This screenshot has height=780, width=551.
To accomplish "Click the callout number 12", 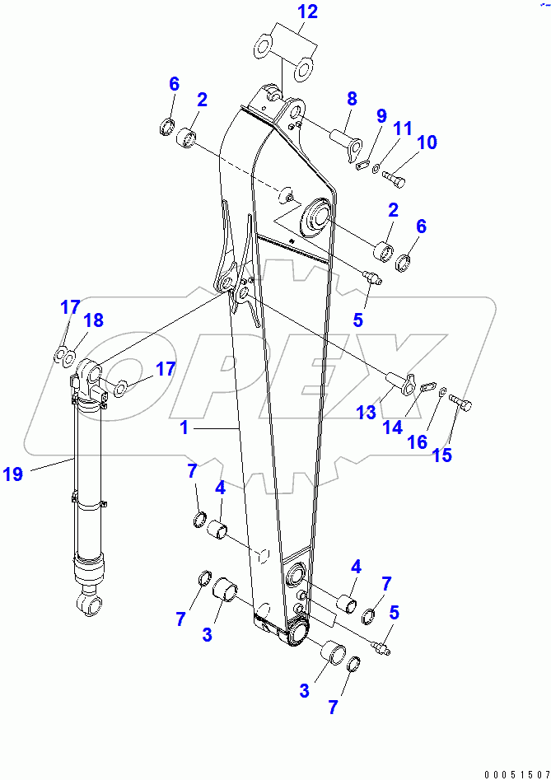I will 283,12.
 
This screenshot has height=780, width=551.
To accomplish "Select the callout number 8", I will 353,99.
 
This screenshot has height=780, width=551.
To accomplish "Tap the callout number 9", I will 381,116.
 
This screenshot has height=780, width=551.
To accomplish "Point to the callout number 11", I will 401,129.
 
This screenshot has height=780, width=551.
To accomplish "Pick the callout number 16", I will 418,442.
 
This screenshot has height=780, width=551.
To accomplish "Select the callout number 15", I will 442,455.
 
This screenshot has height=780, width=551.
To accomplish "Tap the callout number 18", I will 94,320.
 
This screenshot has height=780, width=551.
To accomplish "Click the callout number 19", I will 12,474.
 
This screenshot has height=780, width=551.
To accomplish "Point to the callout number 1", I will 185,428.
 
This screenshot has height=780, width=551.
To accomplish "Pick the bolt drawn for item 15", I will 463,404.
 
